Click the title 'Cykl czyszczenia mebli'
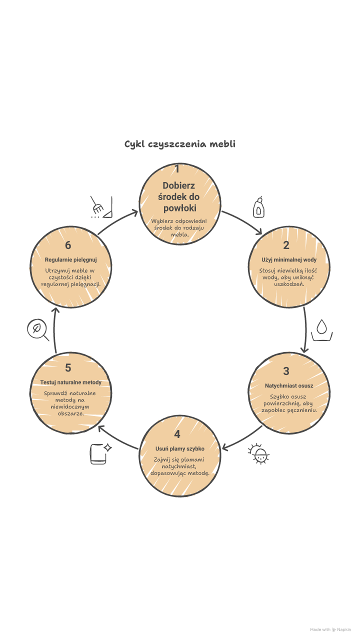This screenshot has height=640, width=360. (x=180, y=144)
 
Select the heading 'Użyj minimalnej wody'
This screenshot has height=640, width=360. (x=289, y=260)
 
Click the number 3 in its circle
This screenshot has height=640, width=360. (x=286, y=371)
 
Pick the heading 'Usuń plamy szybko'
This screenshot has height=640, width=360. (x=180, y=448)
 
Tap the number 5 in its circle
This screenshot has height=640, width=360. (x=68, y=368)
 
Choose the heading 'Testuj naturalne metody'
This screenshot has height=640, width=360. (x=70, y=382)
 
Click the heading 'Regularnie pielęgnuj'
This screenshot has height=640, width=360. (x=70, y=260)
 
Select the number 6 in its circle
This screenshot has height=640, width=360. (x=68, y=245)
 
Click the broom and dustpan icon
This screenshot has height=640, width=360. (x=100, y=207)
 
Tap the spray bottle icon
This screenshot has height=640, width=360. (x=258, y=207)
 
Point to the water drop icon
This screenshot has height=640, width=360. (x=322, y=330)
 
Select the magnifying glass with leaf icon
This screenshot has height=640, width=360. (x=37, y=330)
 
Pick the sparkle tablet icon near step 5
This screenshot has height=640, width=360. (x=100, y=453)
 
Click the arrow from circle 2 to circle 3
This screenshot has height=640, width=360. (x=304, y=330)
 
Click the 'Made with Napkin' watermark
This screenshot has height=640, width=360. (x=331, y=629)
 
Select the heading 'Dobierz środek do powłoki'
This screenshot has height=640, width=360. (x=179, y=196)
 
